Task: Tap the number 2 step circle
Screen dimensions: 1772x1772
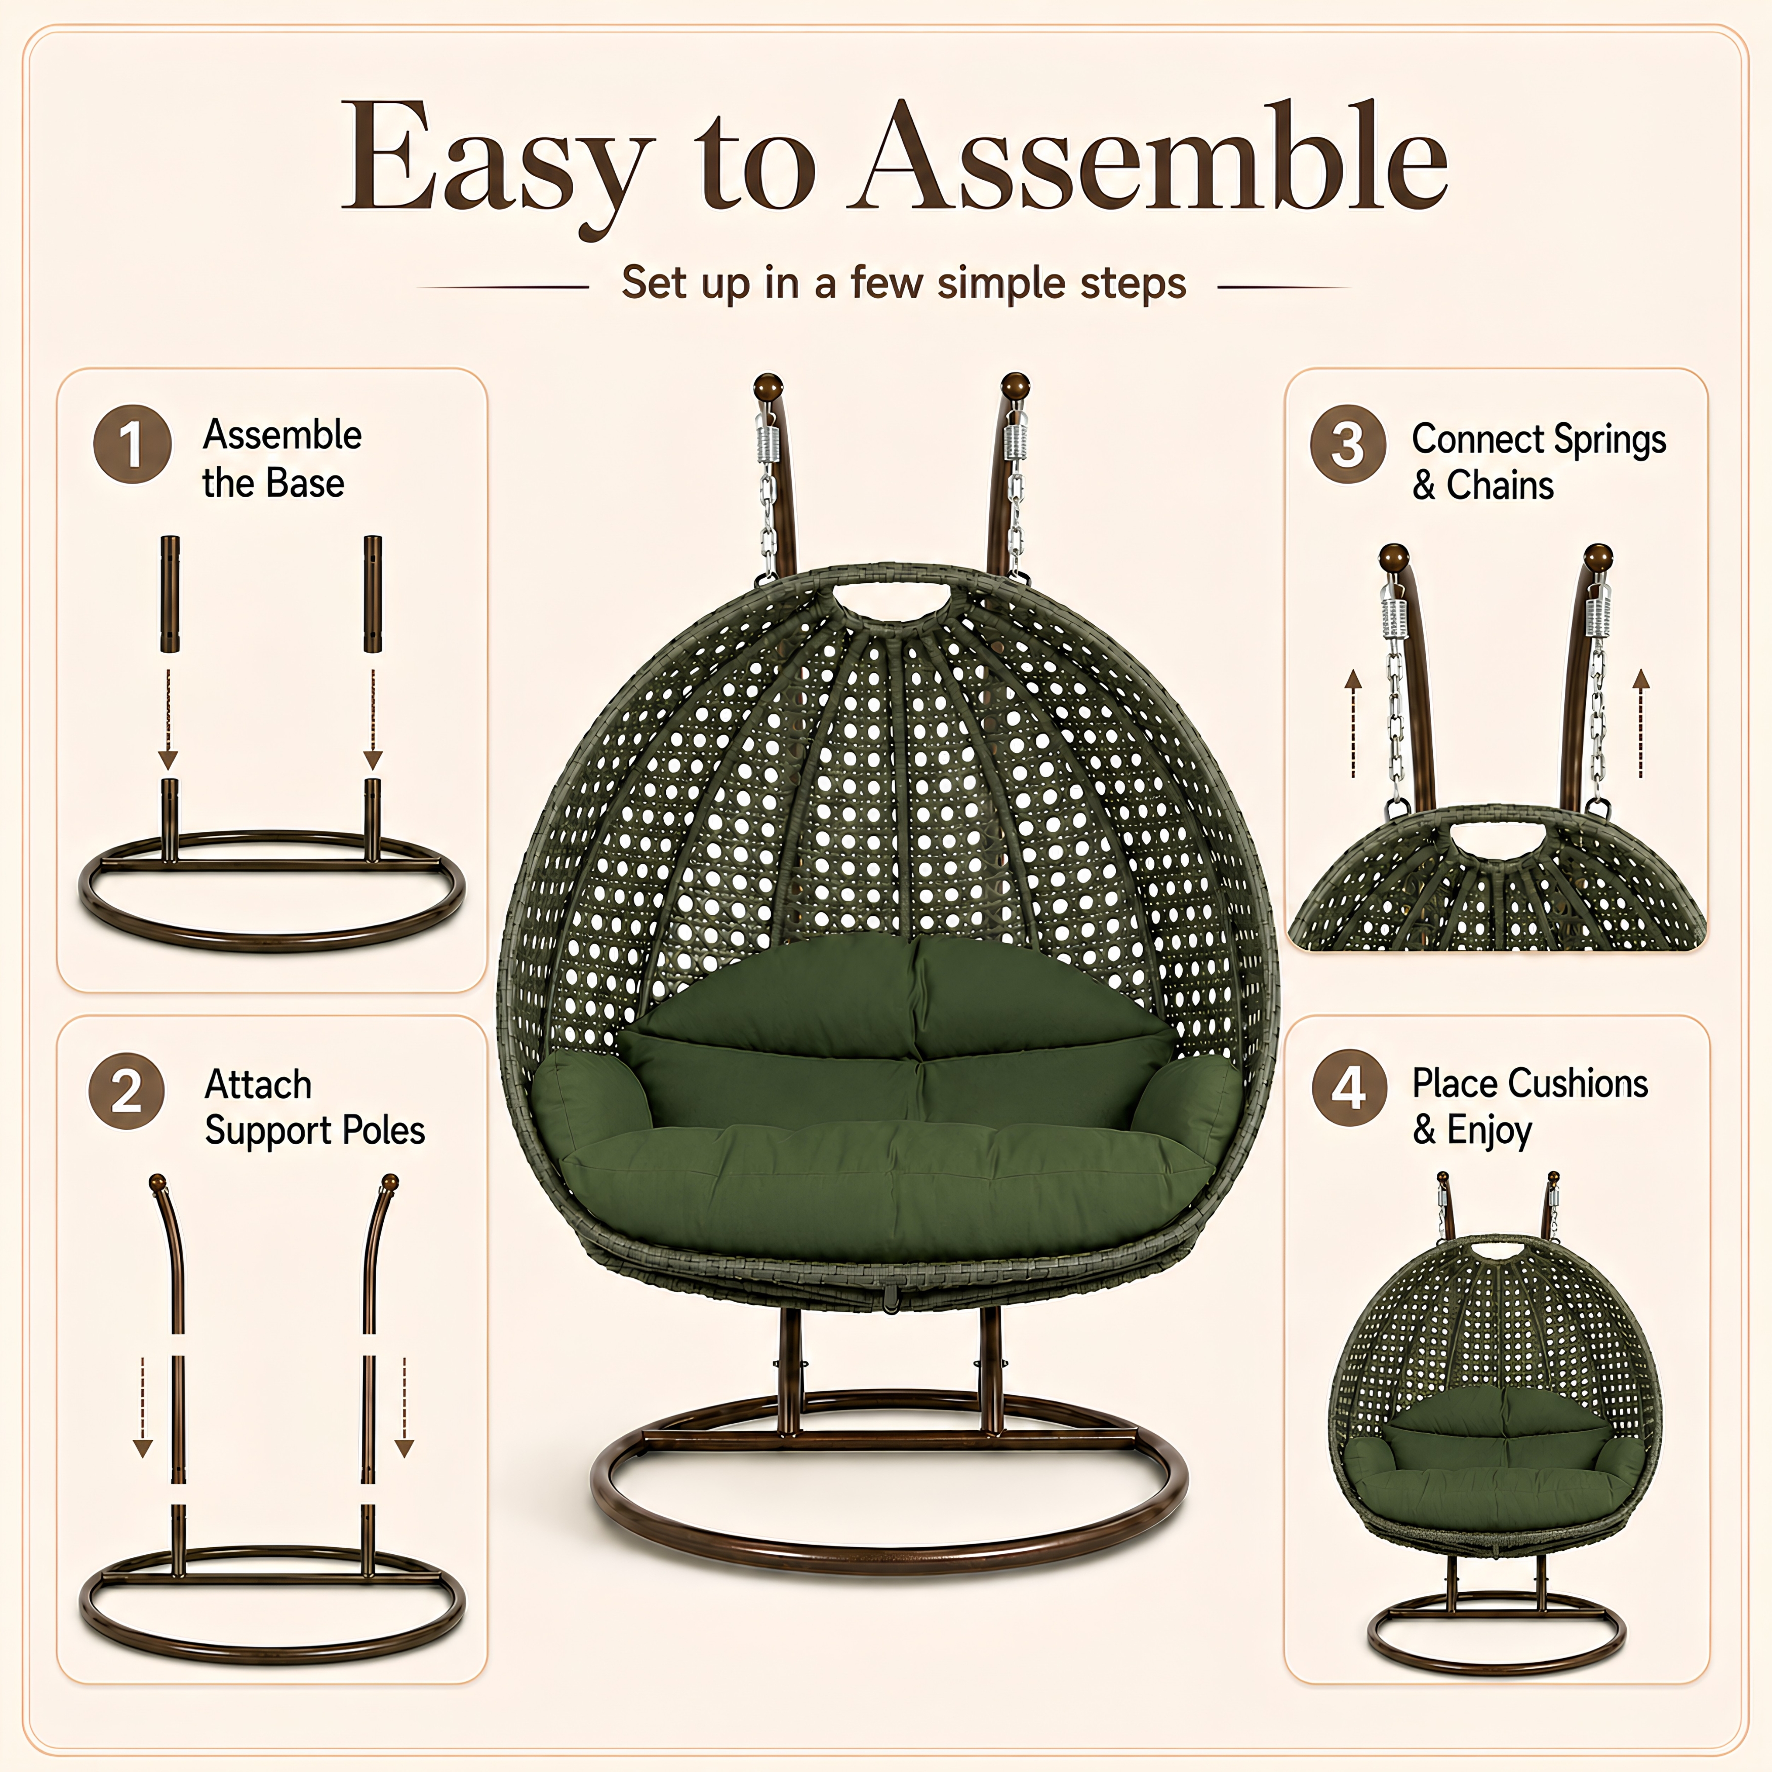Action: pos(127,1091)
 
